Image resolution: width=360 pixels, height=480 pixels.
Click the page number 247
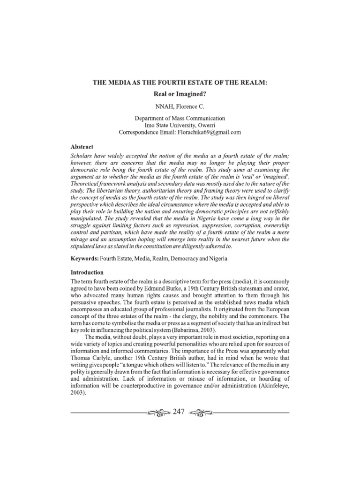(x=180, y=412)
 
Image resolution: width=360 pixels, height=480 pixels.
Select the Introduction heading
(x=87, y=272)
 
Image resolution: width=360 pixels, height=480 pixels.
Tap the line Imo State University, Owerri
(x=180, y=125)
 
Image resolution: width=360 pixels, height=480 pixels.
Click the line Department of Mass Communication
(x=180, y=118)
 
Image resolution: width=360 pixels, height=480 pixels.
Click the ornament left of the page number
(x=158, y=412)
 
